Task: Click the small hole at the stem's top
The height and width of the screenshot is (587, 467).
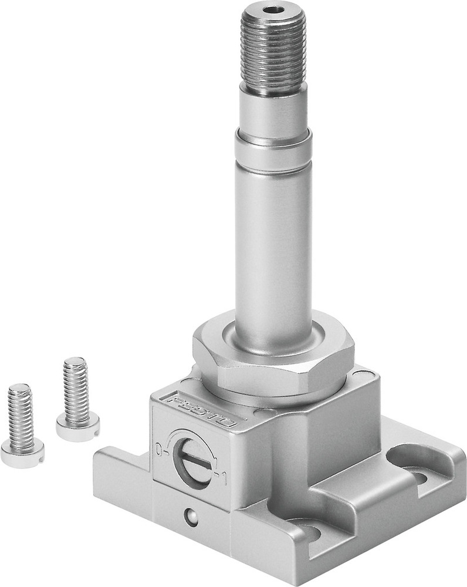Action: point(272,10)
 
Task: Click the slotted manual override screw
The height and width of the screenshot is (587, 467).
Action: point(193,463)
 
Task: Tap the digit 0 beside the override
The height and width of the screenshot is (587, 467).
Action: point(158,450)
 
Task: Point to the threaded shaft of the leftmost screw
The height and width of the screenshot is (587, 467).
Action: point(21,416)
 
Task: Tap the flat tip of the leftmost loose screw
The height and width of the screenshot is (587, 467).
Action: point(19,389)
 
